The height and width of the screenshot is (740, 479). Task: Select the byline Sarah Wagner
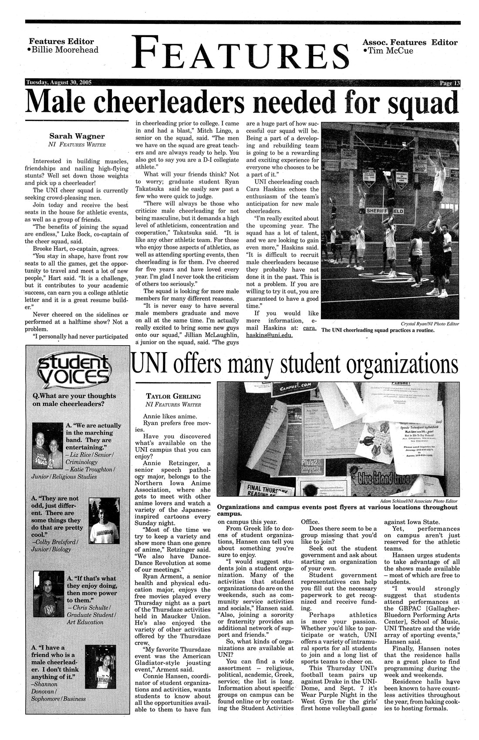click(x=77, y=135)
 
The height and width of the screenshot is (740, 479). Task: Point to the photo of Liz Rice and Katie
click(x=47, y=447)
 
